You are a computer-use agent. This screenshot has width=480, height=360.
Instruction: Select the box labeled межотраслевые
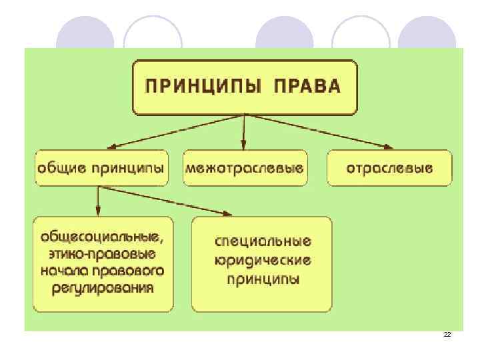click(x=244, y=167)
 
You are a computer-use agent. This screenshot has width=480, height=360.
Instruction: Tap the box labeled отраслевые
click(x=389, y=167)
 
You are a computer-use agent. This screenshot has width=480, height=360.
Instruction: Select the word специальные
click(x=263, y=241)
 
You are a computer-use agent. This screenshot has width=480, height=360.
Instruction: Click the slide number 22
click(x=447, y=334)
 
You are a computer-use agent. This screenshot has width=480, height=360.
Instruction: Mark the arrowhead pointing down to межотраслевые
click(x=244, y=145)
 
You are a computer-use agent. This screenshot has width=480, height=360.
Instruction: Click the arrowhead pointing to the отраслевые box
click(x=387, y=146)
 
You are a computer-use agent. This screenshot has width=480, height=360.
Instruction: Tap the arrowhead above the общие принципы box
click(x=112, y=146)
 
